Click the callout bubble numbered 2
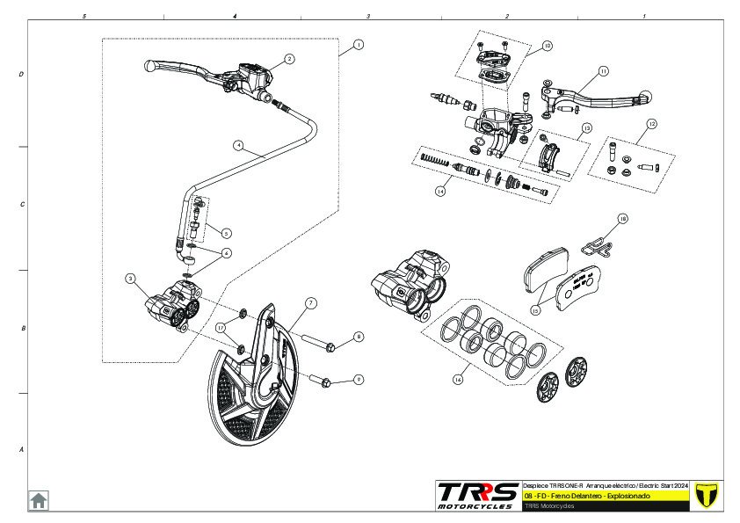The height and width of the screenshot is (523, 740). (x=289, y=59)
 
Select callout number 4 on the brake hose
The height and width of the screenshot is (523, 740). (x=237, y=144)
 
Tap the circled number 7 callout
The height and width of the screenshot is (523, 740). (x=310, y=302)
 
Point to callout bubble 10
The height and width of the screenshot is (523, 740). (x=547, y=45)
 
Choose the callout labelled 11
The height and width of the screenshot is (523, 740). (x=603, y=70)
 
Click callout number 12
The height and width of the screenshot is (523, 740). (x=651, y=124)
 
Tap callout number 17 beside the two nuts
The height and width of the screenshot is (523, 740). (x=221, y=327)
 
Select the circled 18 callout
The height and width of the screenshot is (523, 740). (x=622, y=218)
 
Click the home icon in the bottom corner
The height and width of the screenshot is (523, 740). (x=39, y=499)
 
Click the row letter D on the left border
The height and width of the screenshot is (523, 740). (x=21, y=75)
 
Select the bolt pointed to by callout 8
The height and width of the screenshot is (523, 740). (x=318, y=343)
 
